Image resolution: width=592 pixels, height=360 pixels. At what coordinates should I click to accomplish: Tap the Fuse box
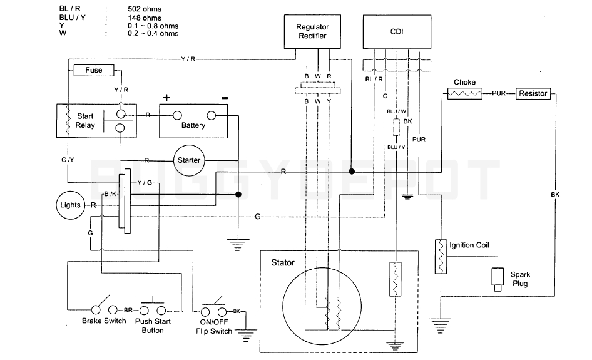click(x=94, y=70)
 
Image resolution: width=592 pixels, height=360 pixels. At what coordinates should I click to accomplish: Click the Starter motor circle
click(x=188, y=160)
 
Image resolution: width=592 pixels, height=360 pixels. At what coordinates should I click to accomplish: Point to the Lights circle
click(x=70, y=205)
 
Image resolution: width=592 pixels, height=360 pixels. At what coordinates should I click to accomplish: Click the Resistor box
click(x=533, y=93)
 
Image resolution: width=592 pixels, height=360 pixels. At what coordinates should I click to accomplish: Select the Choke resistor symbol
click(x=464, y=93)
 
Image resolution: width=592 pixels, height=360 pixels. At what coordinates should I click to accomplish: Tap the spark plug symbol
click(x=498, y=279)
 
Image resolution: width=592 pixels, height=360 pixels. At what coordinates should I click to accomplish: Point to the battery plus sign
click(x=166, y=98)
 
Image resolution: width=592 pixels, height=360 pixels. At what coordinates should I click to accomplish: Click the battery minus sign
click(x=224, y=98)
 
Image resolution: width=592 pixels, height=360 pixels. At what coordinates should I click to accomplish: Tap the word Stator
click(x=283, y=263)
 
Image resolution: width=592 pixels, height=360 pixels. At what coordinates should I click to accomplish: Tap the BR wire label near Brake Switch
click(x=128, y=310)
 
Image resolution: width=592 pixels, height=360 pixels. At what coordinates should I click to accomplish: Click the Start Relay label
click(x=86, y=121)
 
